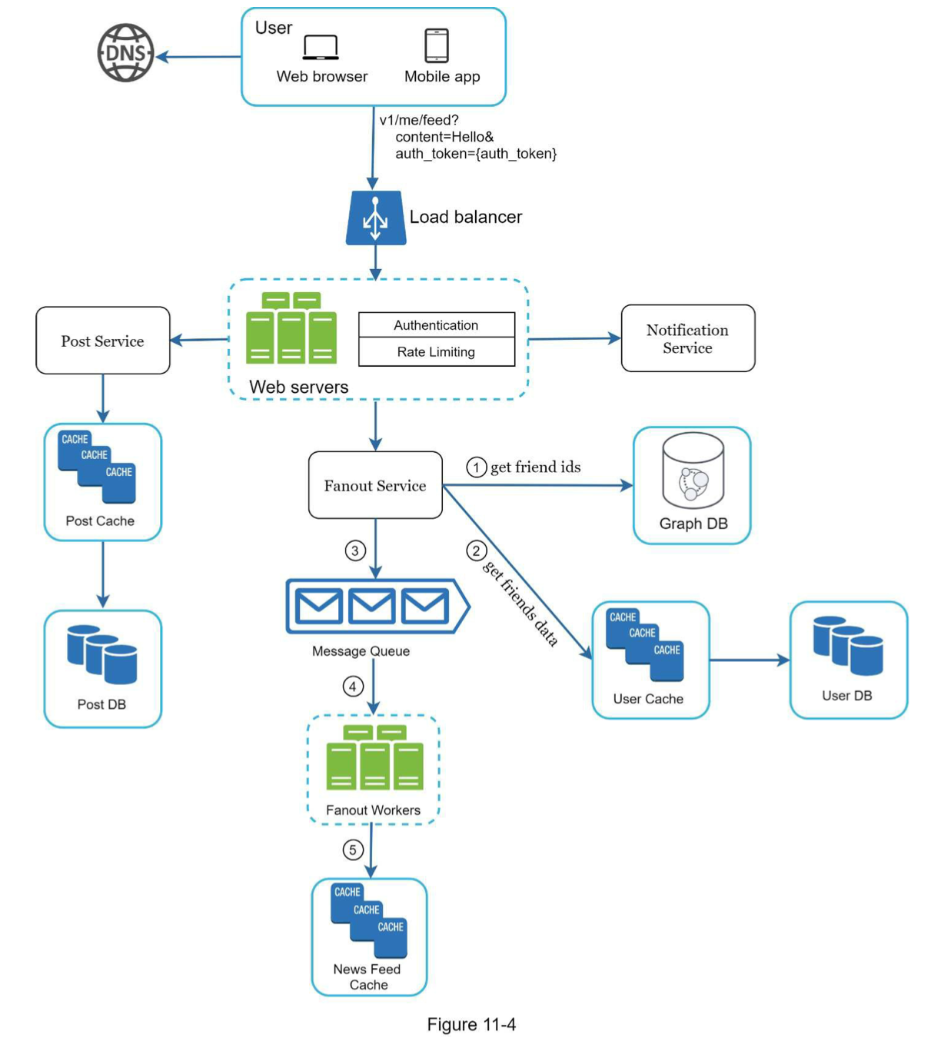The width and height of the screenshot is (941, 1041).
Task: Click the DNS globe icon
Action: click(x=125, y=53)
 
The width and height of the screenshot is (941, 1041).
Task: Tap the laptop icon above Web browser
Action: click(x=321, y=47)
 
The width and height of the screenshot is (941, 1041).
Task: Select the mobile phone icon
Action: click(x=437, y=45)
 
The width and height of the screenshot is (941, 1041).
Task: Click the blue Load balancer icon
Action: click(x=375, y=218)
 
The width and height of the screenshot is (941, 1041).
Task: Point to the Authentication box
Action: click(x=436, y=325)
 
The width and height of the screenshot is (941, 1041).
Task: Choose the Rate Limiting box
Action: click(x=436, y=352)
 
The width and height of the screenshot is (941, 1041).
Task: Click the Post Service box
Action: click(x=103, y=341)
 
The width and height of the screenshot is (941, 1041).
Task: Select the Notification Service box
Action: click(x=687, y=338)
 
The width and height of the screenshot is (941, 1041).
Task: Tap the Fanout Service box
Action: click(x=375, y=485)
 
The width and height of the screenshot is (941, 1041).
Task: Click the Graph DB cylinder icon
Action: click(x=693, y=471)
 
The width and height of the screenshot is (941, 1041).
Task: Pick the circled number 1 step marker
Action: click(x=477, y=467)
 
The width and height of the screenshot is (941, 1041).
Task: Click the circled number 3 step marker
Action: click(x=354, y=550)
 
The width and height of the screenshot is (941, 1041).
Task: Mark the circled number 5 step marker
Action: click(x=353, y=850)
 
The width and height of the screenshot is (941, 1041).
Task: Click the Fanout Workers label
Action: click(x=373, y=810)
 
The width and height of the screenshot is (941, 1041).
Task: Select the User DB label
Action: click(x=847, y=696)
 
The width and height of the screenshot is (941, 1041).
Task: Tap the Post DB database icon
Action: click(x=101, y=654)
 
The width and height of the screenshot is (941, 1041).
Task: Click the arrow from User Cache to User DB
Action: click(x=749, y=660)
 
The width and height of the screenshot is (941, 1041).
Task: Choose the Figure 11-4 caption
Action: click(x=471, y=1025)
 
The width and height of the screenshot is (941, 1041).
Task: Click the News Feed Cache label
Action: click(x=367, y=977)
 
